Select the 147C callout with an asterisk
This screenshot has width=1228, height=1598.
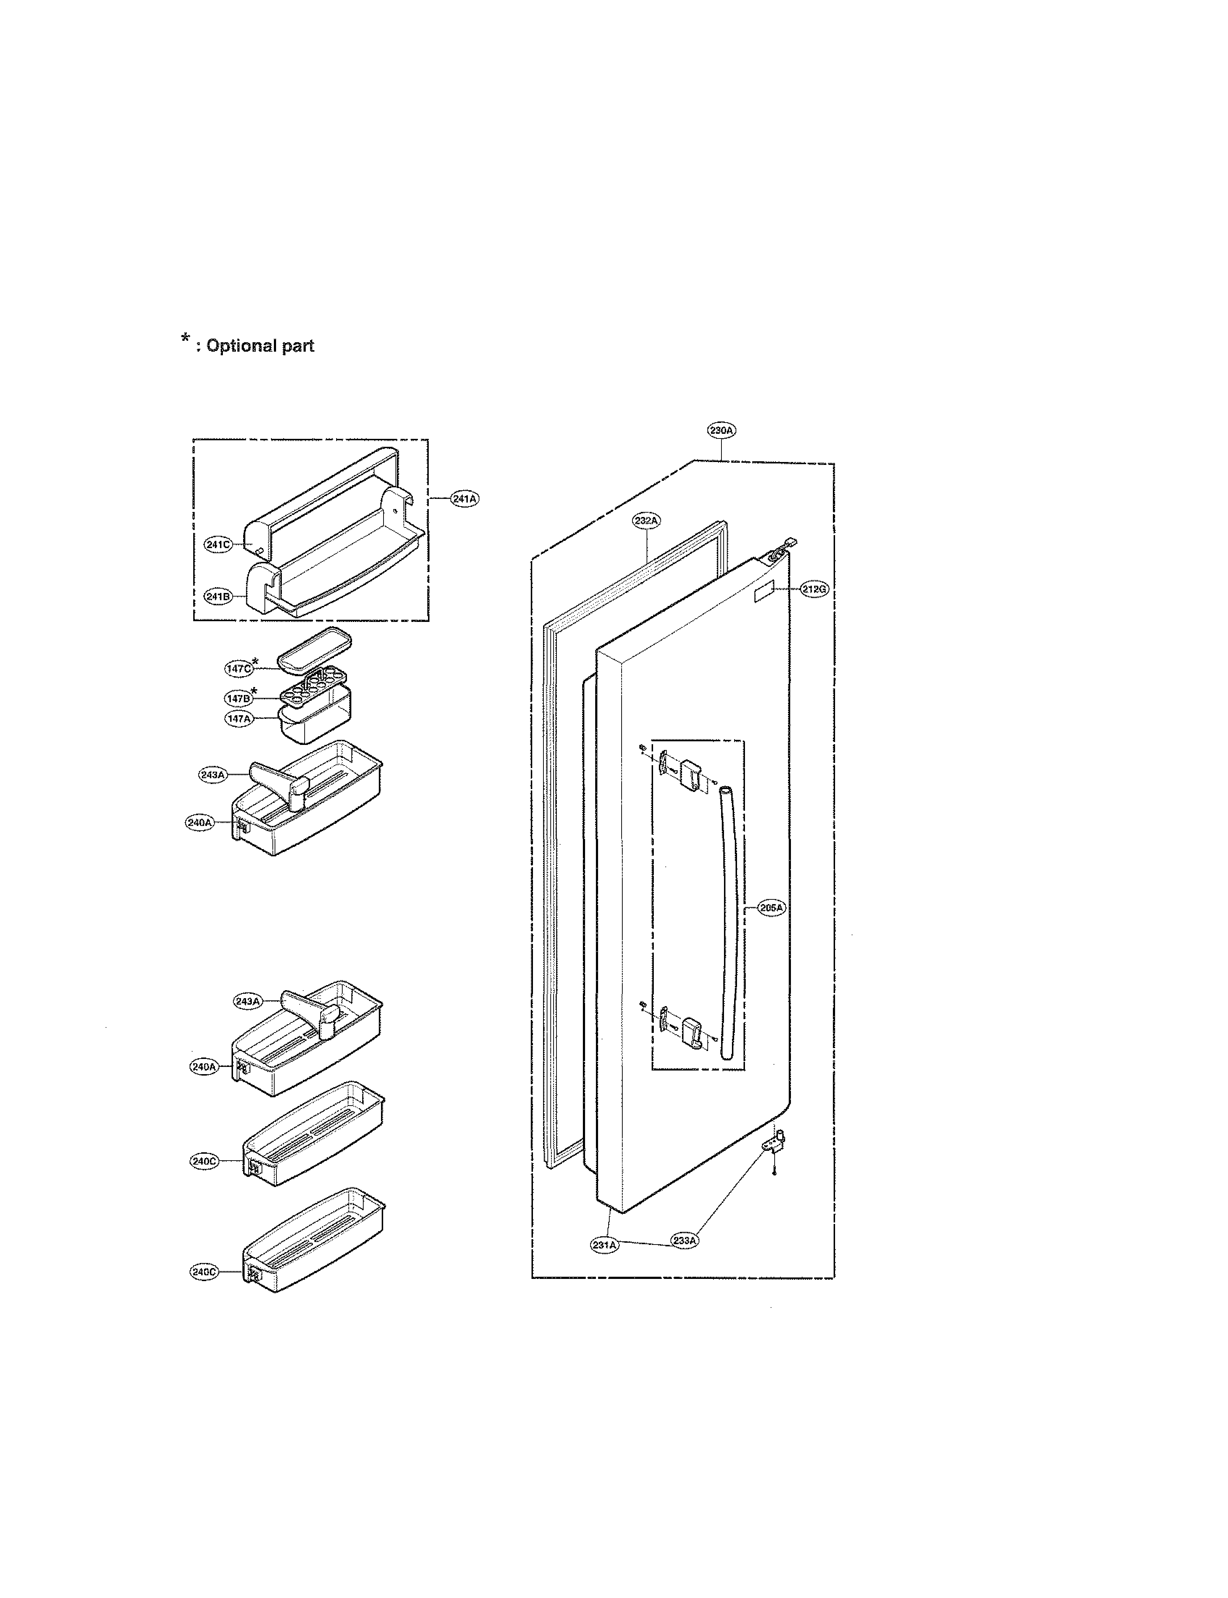238,668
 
